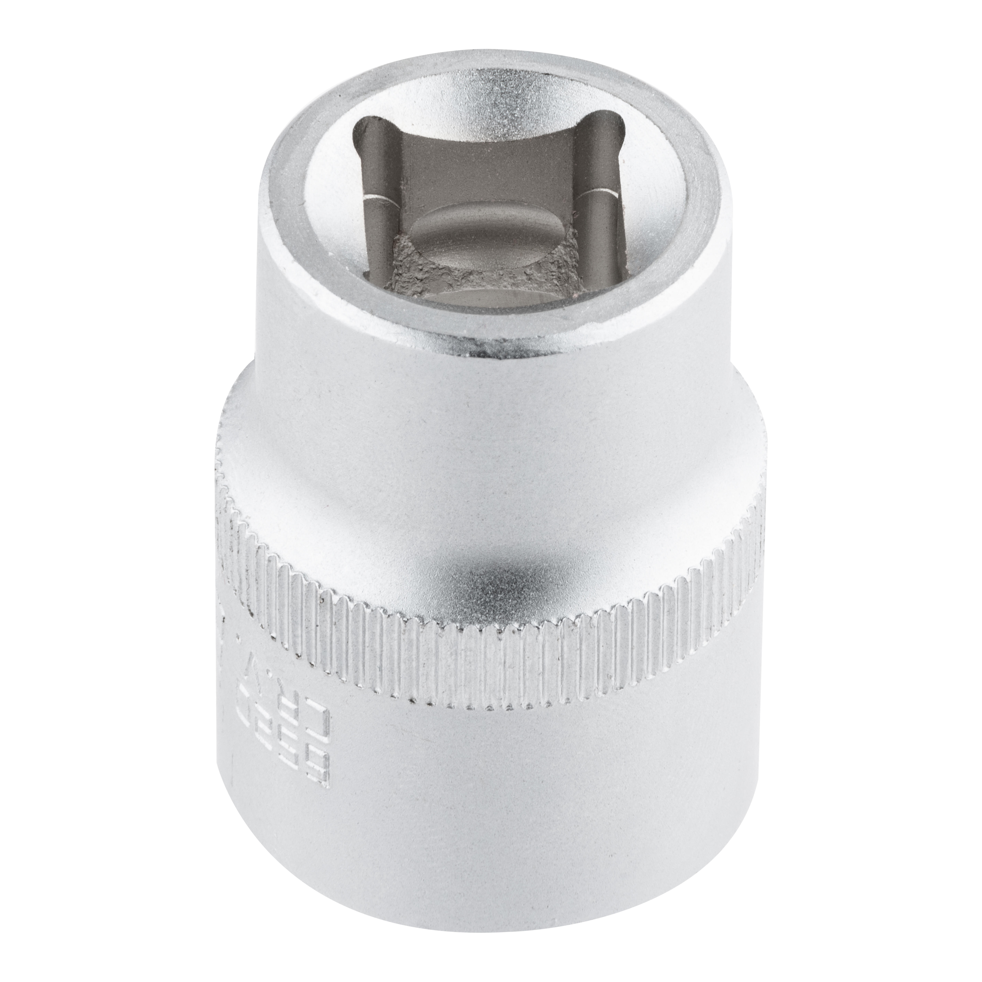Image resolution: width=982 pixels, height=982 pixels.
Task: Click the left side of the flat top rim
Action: (285, 193)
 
